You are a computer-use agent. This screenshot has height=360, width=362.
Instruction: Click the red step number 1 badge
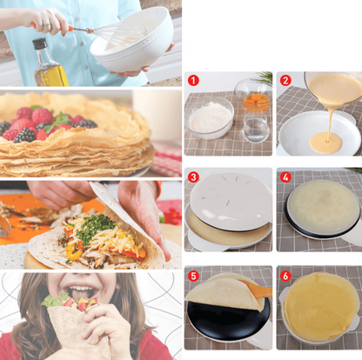coord(193,80)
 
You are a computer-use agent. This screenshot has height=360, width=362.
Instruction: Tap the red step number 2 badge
coord(285,80)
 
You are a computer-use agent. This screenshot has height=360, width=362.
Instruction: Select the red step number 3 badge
coord(193,177)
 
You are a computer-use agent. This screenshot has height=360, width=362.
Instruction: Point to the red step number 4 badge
coord(285,177)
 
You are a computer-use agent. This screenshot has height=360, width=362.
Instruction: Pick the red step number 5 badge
coord(193,275)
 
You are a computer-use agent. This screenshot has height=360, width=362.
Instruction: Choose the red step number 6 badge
coord(285,275)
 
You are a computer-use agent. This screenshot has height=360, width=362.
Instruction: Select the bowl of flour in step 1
coord(210,117)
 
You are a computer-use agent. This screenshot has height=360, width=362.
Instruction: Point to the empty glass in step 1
coord(256,126)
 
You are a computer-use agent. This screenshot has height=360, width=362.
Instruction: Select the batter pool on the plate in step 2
coord(325,142)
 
